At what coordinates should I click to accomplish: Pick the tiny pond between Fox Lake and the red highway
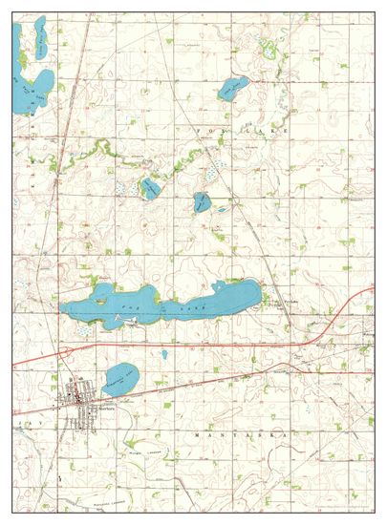pos(164,354)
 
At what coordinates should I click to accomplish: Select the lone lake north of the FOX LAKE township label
pos(232,90)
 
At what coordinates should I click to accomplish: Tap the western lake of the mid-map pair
pos(150,187)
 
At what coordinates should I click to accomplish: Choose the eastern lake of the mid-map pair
pos(201,201)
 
